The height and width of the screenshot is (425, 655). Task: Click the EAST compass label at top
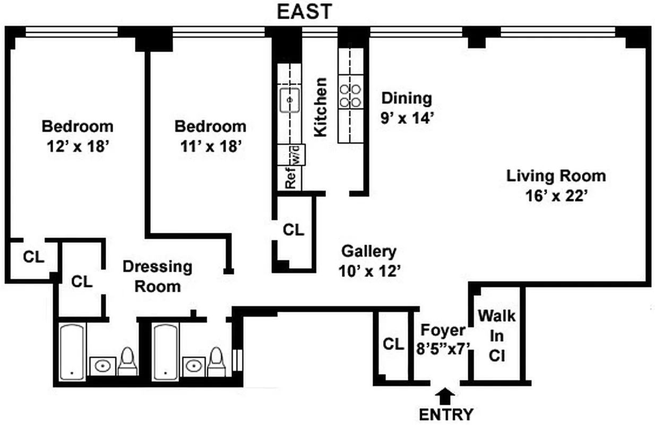305,11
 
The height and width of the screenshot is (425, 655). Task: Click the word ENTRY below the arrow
445,414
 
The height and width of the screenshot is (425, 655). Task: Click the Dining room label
407,98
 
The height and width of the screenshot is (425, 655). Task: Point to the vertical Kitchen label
321,107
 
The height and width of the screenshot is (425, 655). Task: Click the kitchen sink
290,100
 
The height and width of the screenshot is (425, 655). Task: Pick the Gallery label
368,251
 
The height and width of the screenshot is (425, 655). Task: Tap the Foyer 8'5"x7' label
443,338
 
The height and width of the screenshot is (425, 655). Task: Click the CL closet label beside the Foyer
393,344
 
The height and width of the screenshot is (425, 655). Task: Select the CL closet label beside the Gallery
294,230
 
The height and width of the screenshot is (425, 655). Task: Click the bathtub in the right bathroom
165,352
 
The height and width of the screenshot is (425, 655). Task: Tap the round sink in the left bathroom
101,366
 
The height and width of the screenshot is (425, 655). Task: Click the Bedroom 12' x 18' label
77,137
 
